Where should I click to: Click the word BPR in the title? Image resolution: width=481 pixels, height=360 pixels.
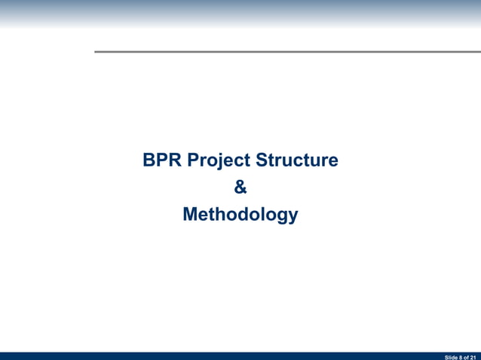tap(161, 161)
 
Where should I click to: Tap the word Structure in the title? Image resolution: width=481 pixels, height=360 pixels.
tap(296, 161)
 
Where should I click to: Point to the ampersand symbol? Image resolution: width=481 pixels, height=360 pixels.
tap(240, 188)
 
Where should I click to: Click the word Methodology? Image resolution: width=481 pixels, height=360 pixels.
tap(240, 215)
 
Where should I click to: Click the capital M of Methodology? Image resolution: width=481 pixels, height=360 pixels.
tap(191, 215)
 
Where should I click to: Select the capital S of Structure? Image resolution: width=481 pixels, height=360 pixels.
tap(262, 161)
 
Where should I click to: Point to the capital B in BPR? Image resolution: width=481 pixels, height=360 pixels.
tap(149, 161)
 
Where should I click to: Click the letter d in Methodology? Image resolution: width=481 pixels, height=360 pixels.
tap(244, 215)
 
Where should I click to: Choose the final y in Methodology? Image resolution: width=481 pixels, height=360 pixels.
tap(293, 218)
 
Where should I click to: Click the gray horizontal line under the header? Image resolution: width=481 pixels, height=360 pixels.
tap(286, 51)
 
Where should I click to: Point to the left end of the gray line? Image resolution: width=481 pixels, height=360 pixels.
tap(96, 51)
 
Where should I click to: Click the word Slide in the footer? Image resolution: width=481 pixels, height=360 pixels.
tap(451, 356)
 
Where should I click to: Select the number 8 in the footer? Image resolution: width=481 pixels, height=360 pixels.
tap(461, 356)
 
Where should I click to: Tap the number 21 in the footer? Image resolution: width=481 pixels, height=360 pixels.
tap(473, 356)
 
